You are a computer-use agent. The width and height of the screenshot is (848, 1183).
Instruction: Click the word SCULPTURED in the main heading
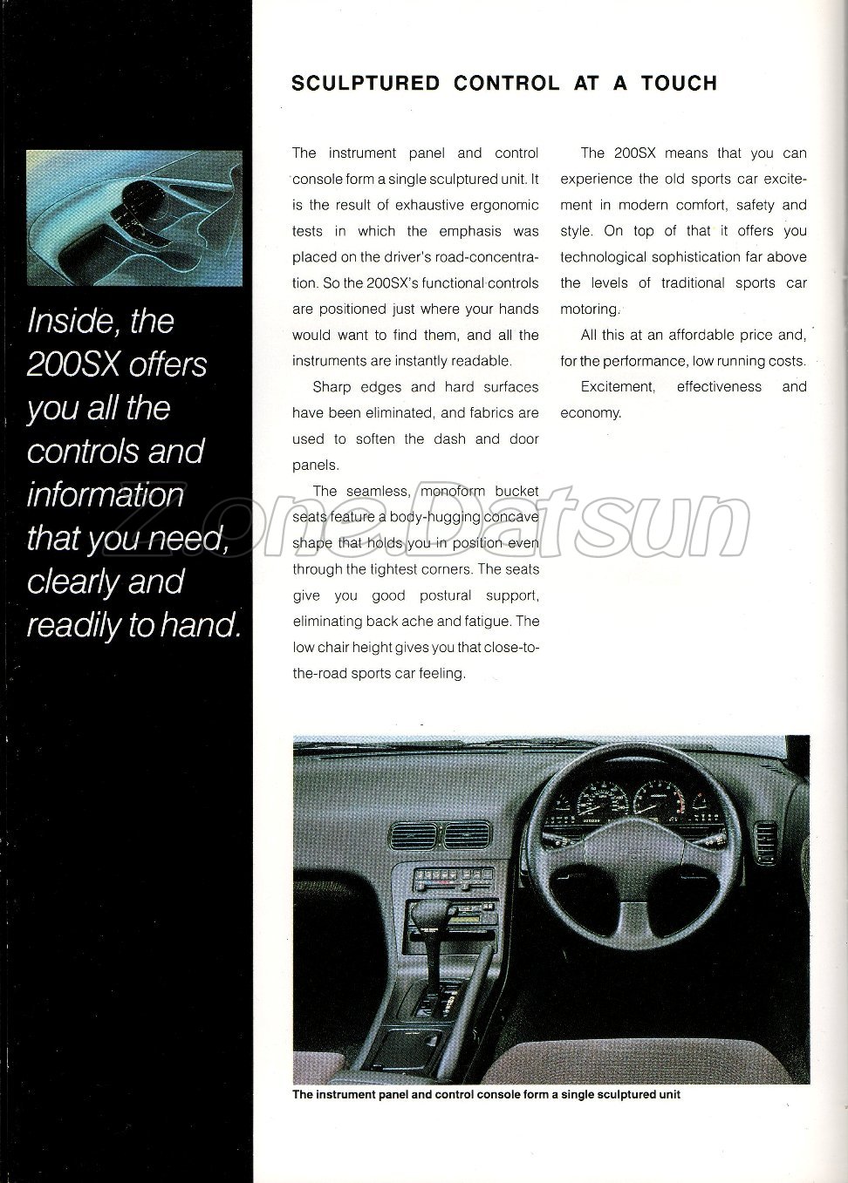(x=365, y=84)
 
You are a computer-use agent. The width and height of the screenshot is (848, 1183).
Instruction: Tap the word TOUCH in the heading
(x=679, y=84)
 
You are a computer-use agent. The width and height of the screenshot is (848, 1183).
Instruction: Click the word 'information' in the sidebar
(x=106, y=494)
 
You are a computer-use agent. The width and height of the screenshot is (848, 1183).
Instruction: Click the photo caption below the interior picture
(x=486, y=1094)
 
